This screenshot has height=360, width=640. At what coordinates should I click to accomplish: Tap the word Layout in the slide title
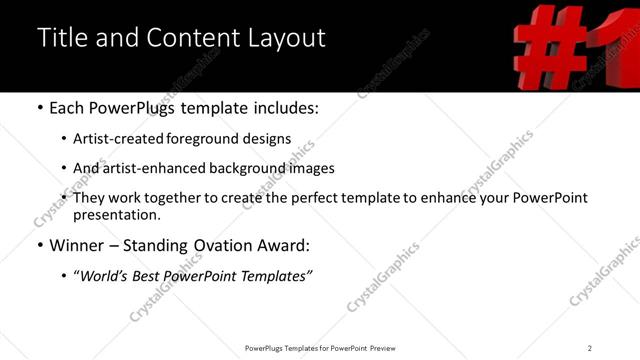point(283,38)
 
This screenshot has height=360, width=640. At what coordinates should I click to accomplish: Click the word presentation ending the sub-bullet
point(115,214)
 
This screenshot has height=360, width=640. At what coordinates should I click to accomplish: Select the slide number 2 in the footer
point(590,347)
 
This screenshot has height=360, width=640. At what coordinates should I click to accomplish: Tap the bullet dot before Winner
point(40,245)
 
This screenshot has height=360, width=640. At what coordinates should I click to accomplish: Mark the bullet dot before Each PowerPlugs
point(40,108)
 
